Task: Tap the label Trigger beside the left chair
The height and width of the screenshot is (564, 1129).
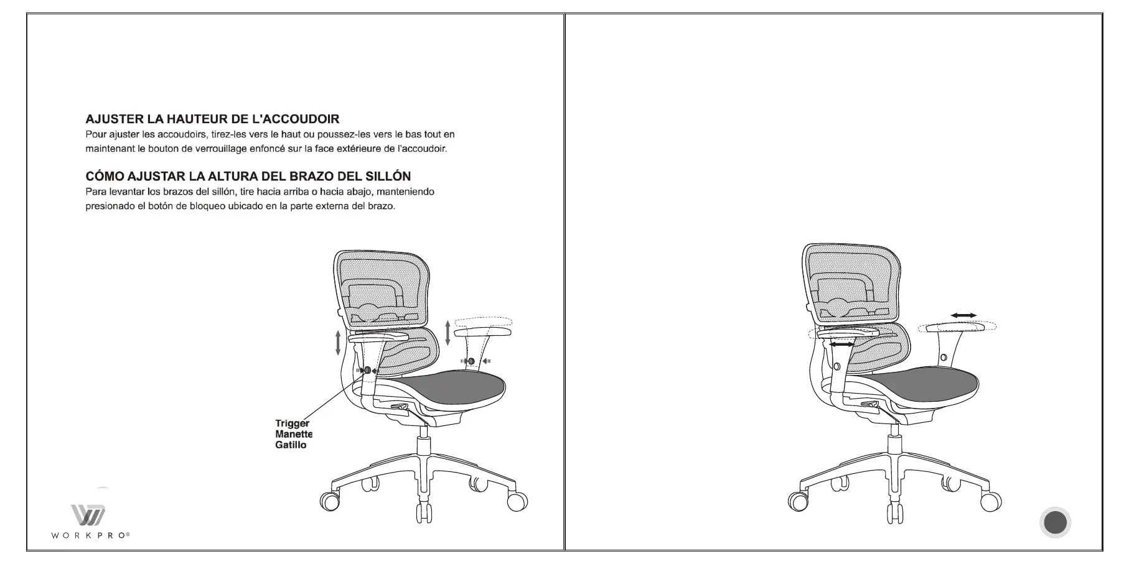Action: (x=292, y=423)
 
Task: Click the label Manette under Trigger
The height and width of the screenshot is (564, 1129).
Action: (x=293, y=434)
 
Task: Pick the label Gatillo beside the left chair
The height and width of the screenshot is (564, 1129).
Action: (x=291, y=445)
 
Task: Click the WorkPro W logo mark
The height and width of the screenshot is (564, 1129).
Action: (x=88, y=515)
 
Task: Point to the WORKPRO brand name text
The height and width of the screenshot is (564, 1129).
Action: (x=91, y=535)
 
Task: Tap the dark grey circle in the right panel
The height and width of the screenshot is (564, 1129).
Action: (x=1055, y=523)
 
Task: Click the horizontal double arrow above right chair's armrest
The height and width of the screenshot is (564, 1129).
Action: (x=963, y=316)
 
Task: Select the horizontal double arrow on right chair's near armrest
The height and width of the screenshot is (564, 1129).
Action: (x=841, y=344)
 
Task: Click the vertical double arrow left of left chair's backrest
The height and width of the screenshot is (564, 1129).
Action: (x=338, y=343)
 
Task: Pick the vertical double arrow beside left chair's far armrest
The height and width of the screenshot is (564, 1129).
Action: (x=447, y=333)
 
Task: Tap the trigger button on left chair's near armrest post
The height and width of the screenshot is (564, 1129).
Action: (x=367, y=370)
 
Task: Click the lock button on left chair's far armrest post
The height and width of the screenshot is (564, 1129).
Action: (x=471, y=361)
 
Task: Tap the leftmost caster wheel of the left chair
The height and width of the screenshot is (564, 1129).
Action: (x=329, y=501)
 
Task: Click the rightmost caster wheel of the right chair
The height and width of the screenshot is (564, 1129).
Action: (x=990, y=501)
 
